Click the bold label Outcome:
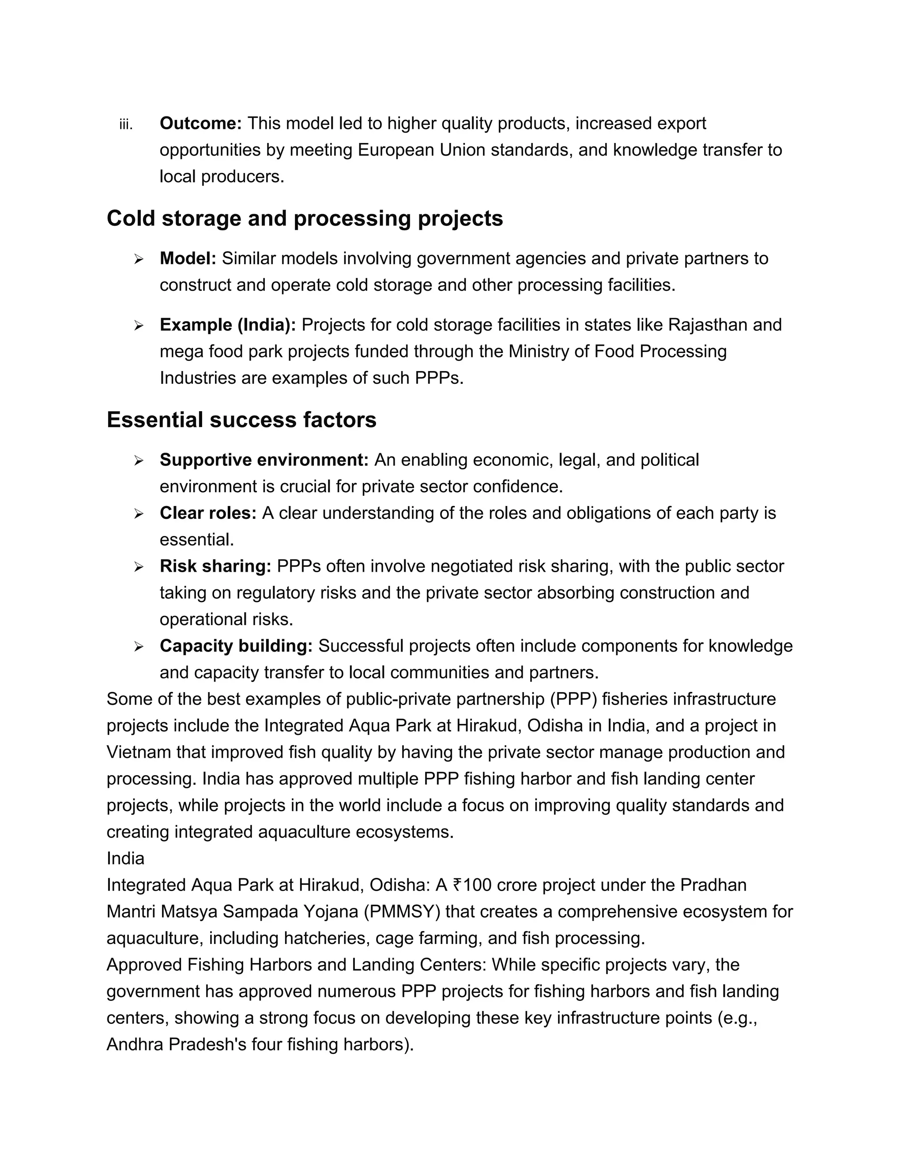pyautogui.click(x=201, y=124)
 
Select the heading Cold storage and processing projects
pyautogui.click(x=304, y=218)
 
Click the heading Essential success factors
pyautogui.click(x=241, y=420)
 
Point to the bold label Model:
pyautogui.click(x=188, y=259)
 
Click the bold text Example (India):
pyautogui.click(x=228, y=325)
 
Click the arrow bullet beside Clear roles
pyautogui.click(x=139, y=514)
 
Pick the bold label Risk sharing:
pyautogui.click(x=215, y=566)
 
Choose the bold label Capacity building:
pyautogui.click(x=236, y=646)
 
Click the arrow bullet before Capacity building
pyautogui.click(x=139, y=647)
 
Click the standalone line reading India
pyautogui.click(x=125, y=858)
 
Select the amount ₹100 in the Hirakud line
pyautogui.click(x=471, y=885)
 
